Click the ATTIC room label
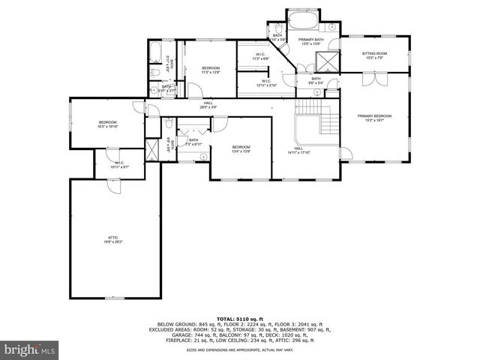112,239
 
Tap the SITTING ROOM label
375,55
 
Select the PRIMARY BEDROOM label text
374,118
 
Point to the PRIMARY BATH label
310,41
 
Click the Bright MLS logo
30,349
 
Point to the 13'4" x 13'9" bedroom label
241,148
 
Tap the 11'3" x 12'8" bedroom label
210,70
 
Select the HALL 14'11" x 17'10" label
299,151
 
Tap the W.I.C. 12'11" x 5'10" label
266,82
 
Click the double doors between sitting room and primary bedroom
371,79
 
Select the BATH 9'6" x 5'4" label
316,79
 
